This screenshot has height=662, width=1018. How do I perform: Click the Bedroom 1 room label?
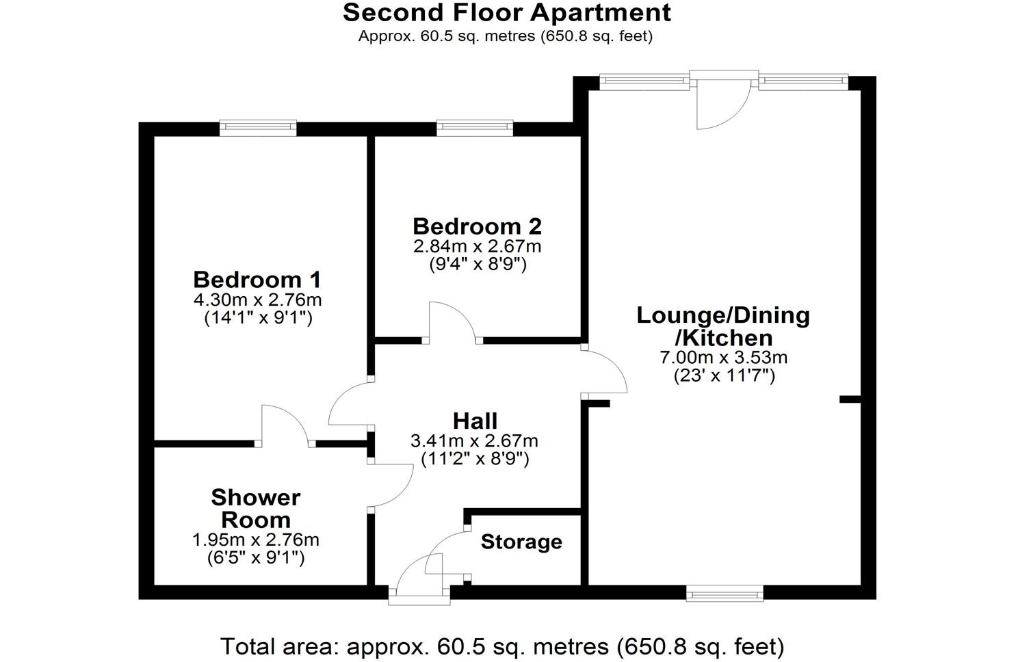(257, 280)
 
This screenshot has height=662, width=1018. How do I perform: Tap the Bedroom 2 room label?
(477, 226)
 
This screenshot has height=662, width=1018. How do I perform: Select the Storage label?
(521, 542)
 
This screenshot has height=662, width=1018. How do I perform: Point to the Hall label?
(475, 421)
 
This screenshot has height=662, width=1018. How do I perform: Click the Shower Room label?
(256, 508)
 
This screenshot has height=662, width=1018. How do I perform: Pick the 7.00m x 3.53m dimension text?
(723, 357)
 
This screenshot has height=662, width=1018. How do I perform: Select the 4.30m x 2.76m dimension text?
(257, 300)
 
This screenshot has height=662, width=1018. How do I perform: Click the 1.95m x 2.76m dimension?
(256, 540)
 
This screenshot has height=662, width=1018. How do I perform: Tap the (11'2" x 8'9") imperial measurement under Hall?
(475, 458)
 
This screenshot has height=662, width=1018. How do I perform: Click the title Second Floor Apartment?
(507, 12)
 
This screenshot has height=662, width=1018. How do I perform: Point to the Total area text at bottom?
(501, 646)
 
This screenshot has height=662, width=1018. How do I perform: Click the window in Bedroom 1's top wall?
(258, 128)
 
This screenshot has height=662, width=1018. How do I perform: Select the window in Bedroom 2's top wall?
(475, 128)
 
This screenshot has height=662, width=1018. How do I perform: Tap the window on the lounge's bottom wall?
(725, 594)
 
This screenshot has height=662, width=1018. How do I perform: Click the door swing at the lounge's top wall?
(722, 103)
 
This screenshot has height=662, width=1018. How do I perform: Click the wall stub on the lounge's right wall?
(849, 399)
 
